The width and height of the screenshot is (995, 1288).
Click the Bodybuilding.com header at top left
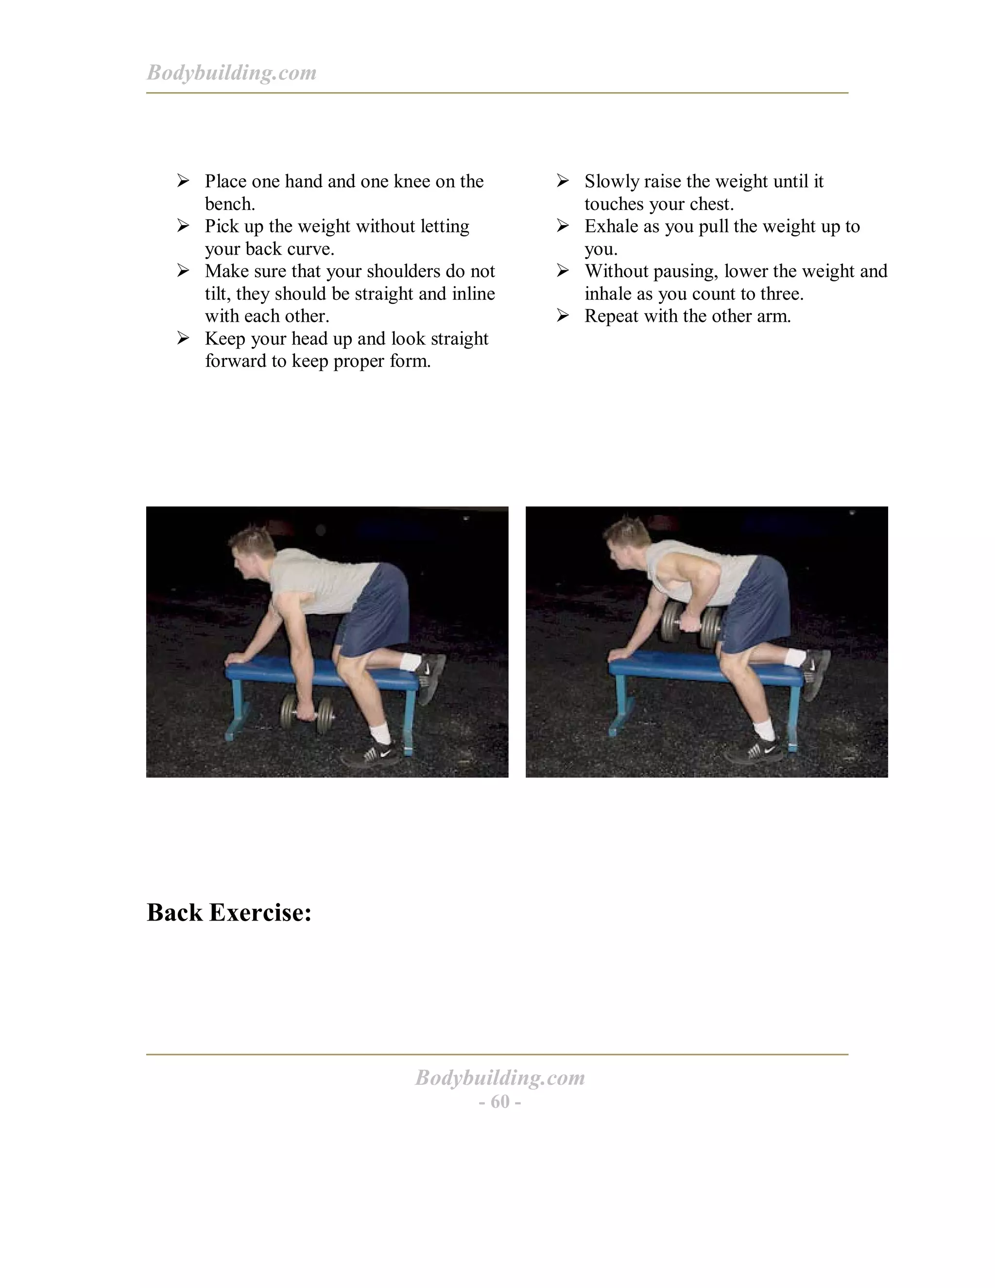coord(231,72)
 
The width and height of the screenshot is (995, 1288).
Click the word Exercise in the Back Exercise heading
coord(260,912)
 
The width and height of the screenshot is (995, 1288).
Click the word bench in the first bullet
coord(229,204)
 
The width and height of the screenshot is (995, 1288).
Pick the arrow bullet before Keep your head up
coord(183,338)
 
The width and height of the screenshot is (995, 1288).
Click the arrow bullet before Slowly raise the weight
coord(563,180)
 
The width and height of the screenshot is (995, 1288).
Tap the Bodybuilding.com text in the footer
coord(500,1078)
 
